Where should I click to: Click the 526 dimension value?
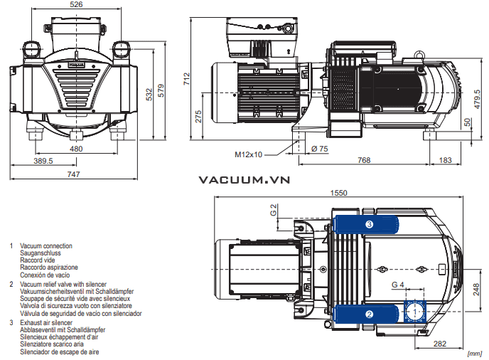point(76,4)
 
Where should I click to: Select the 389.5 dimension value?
point(43,162)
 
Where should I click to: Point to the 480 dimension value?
point(76,149)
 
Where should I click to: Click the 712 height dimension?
point(187,77)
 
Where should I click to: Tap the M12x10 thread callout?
point(249,154)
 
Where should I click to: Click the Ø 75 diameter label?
point(320,149)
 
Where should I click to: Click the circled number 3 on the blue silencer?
point(369,224)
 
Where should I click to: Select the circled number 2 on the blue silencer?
point(369,313)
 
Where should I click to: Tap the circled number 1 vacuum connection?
point(413,311)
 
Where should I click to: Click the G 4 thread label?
point(397,285)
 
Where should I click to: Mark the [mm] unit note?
point(475,354)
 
